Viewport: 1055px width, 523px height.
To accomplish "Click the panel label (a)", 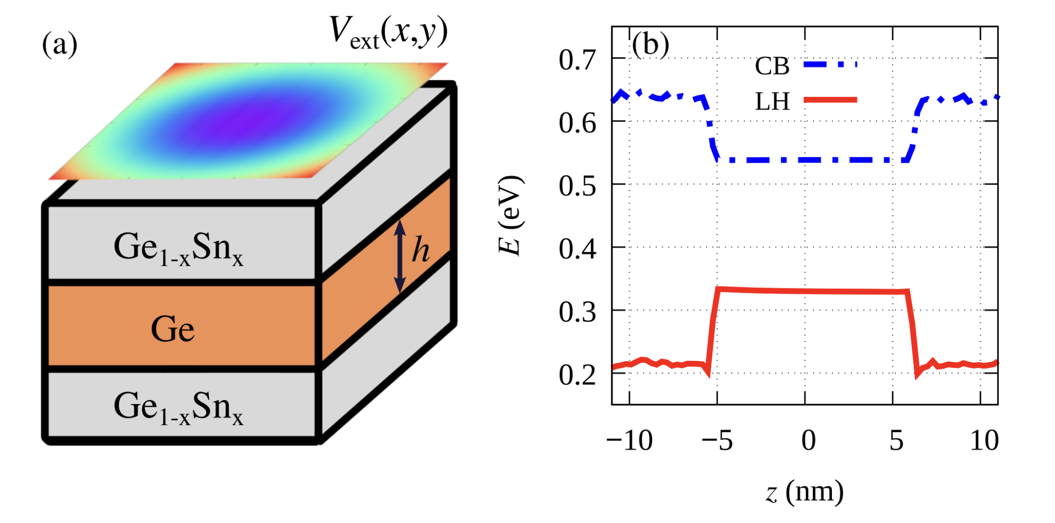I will pyautogui.click(x=60, y=44).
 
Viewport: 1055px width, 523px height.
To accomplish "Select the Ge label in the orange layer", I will pyautogui.click(x=173, y=329).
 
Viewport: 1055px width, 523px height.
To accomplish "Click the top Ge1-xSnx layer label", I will pyautogui.click(x=178, y=249).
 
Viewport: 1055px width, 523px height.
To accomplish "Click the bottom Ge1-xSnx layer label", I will pyautogui.click(x=178, y=408).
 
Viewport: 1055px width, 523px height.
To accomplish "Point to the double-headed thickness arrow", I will pyautogui.click(x=400, y=256).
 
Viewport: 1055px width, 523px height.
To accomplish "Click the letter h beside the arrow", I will pyautogui.click(x=421, y=251).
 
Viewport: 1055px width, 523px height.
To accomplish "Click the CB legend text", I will pyautogui.click(x=772, y=66).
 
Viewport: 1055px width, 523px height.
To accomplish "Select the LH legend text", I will pyautogui.click(x=772, y=101).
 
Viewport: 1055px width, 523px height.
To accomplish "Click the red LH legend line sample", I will pyautogui.click(x=830, y=100).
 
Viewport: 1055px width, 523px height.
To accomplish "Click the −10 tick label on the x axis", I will pyautogui.click(x=629, y=441).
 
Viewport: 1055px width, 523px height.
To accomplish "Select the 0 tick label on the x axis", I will pyautogui.click(x=808, y=441).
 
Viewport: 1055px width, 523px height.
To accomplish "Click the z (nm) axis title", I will pyautogui.click(x=805, y=492).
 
